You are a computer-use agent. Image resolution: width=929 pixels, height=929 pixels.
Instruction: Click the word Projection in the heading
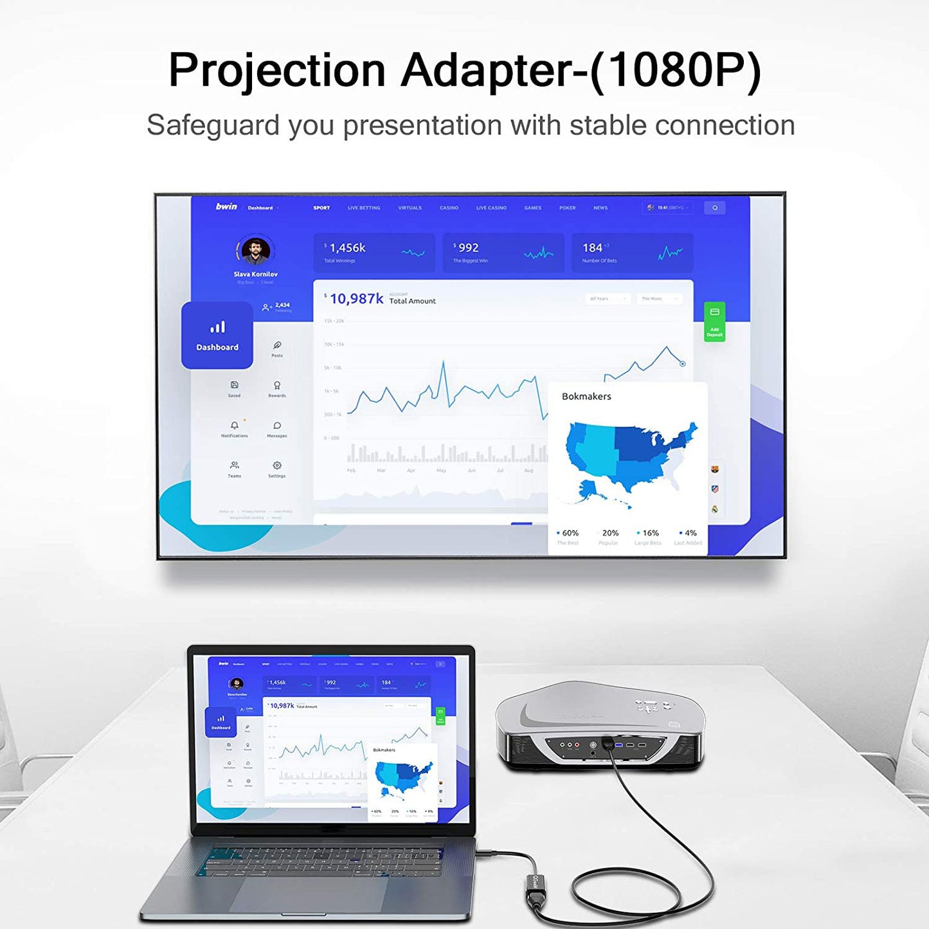[276, 70]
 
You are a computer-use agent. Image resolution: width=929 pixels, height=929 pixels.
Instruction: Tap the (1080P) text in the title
[675, 70]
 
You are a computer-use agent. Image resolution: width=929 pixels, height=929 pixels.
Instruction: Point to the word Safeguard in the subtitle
[212, 125]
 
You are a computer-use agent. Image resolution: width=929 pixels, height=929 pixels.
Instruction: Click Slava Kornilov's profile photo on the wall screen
[256, 251]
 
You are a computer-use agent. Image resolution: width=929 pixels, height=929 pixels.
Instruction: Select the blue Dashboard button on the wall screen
[217, 335]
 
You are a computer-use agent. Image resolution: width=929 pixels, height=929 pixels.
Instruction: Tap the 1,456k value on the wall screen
[347, 248]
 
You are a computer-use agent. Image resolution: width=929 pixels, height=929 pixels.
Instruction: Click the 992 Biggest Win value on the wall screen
[468, 248]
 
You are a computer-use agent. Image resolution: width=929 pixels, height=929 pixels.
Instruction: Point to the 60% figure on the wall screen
[570, 533]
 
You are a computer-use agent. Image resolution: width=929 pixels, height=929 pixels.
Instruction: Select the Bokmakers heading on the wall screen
[586, 397]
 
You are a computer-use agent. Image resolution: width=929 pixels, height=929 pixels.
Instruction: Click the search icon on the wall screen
[714, 208]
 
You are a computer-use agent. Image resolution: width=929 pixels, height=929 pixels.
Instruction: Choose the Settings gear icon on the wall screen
[277, 465]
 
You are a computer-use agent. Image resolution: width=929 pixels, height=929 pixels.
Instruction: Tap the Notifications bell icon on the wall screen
[235, 426]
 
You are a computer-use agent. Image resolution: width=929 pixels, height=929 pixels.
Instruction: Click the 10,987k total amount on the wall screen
[356, 299]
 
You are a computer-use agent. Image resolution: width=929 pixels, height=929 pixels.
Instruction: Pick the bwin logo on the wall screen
[226, 207]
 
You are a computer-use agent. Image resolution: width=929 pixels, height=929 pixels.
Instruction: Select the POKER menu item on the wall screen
[567, 208]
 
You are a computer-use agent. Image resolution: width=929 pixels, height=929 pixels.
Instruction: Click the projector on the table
[601, 726]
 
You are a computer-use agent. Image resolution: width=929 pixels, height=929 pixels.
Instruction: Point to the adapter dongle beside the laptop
[536, 890]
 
